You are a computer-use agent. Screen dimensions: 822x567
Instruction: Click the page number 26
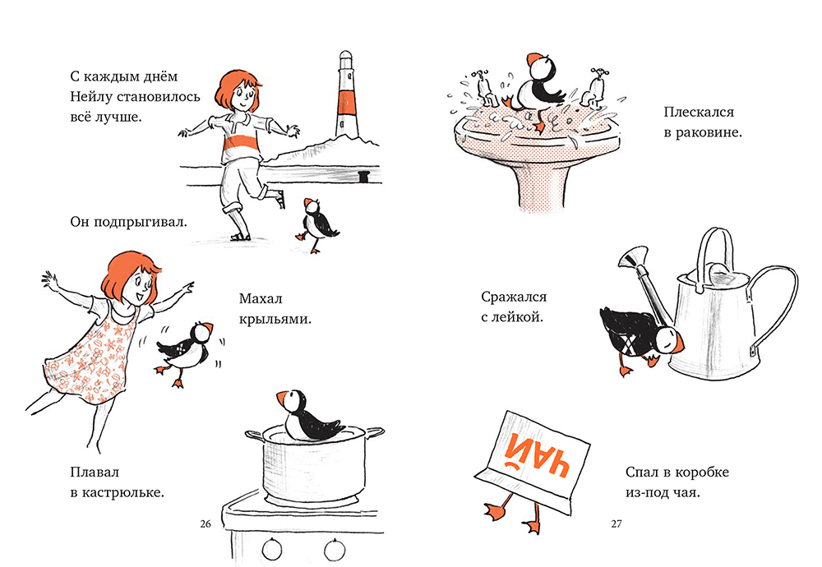coord(205,523)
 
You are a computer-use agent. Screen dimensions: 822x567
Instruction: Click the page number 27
coord(616,523)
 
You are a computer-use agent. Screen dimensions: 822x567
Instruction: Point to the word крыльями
coord(275,319)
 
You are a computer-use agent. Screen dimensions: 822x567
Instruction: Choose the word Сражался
coord(514,297)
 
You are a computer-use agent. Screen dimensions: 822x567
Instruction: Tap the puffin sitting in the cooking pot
coord(309,416)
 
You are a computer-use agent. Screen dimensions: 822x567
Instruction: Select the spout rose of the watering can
coord(631,258)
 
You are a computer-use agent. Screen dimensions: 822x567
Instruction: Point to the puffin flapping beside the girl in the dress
coord(184,348)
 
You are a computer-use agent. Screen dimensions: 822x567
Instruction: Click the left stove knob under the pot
coord(272,549)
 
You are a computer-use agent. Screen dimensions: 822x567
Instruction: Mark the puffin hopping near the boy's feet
coord(316,224)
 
